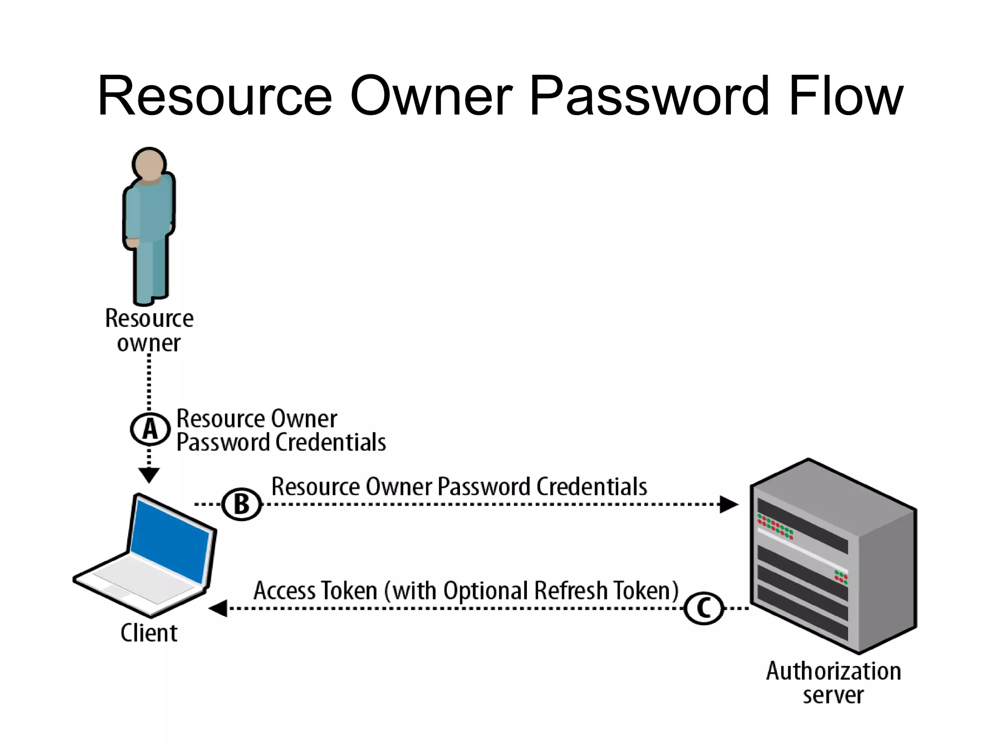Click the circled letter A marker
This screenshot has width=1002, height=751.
click(150, 429)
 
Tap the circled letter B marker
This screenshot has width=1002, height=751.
click(242, 504)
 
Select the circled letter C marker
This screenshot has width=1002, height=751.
click(703, 608)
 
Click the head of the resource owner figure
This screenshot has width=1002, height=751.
click(149, 164)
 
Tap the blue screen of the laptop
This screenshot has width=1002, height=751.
click(170, 541)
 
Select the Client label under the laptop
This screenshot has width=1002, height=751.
click(149, 633)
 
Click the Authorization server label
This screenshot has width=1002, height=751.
click(833, 683)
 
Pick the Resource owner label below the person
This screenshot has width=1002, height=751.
click(149, 330)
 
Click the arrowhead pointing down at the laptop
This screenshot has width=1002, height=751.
click(149, 475)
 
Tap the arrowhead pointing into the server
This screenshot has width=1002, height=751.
click(729, 504)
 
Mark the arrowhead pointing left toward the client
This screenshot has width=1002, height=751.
click(218, 608)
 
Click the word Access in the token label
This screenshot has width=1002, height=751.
click(284, 591)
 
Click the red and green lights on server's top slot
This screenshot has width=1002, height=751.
click(775, 526)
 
